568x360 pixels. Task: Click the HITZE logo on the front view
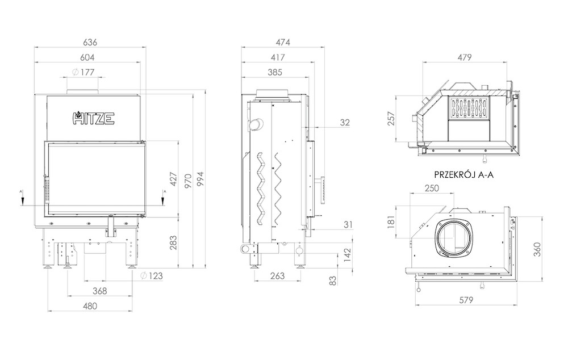94,118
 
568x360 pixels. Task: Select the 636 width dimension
90,42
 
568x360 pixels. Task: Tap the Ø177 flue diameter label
83,72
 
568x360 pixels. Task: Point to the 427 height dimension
173,179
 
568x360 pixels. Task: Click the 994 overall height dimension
200,179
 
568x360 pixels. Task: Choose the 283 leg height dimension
173,242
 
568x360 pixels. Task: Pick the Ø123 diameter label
152,276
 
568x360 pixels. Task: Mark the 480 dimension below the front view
90,306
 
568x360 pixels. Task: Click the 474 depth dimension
283,42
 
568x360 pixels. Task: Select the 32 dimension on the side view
345,123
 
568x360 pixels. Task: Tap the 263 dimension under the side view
278,276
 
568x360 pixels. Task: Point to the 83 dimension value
333,281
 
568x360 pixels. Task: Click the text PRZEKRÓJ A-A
464,175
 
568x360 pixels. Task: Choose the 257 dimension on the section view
391,119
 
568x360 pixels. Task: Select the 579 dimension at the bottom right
466,300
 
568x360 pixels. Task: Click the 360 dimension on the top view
537,249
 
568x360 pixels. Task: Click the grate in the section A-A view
470,108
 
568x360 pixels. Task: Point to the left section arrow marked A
23,198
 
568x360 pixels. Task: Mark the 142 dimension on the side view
348,255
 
